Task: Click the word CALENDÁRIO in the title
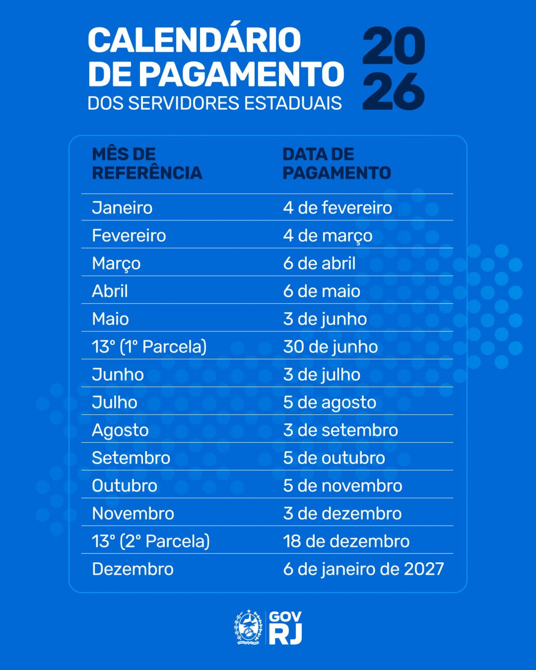[x=195, y=40]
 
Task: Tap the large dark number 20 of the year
[x=393, y=46]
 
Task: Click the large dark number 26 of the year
[x=393, y=91]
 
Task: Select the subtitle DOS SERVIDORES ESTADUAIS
[x=214, y=103]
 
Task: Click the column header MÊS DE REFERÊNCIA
[x=147, y=164]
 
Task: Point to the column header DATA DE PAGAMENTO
[x=336, y=164]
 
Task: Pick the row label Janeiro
[x=122, y=208]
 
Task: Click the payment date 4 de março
[x=327, y=236]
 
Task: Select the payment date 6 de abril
[x=319, y=263]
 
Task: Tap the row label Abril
[x=110, y=291]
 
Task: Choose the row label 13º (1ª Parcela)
[x=149, y=347]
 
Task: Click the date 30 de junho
[x=330, y=347]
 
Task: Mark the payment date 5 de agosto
[x=329, y=403]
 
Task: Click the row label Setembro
[x=131, y=458]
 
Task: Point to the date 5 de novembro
[x=343, y=486]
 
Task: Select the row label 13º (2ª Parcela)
[x=151, y=541]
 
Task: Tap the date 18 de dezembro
[x=346, y=541]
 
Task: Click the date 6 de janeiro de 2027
[x=363, y=569]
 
